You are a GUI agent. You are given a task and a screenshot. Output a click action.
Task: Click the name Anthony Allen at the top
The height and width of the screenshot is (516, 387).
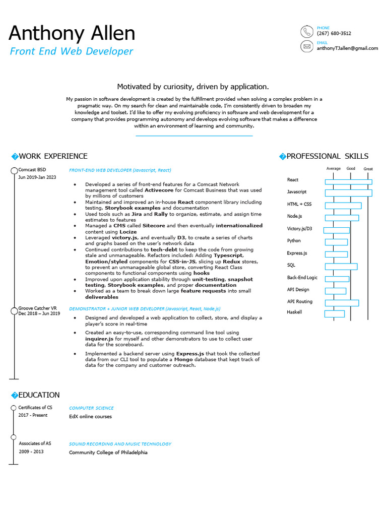[x=72, y=34]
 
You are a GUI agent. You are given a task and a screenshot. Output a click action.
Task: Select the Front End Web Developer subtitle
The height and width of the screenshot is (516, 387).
[x=72, y=51]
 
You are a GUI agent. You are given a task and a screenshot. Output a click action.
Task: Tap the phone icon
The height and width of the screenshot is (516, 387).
[x=306, y=32]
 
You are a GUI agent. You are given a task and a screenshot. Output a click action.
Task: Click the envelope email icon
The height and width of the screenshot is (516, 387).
[x=306, y=47]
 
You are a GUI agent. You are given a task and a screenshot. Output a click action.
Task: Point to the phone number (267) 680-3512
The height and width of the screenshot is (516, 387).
[x=334, y=33]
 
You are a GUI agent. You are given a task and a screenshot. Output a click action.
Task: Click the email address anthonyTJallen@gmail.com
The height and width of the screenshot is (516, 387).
[x=347, y=48]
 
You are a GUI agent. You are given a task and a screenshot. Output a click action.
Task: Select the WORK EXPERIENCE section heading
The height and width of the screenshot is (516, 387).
[x=53, y=156]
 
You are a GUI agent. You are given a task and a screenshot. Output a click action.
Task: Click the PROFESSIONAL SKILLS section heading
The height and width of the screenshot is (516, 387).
[x=327, y=156]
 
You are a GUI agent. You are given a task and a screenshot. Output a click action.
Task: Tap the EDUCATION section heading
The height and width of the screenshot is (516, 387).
[x=39, y=395]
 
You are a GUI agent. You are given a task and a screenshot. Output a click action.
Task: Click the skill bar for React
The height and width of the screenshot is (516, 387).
[x=348, y=182]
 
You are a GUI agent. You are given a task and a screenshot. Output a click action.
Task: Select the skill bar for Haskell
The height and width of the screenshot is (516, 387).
[x=334, y=314]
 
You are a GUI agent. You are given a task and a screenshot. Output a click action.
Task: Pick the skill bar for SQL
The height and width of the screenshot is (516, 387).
[x=341, y=266]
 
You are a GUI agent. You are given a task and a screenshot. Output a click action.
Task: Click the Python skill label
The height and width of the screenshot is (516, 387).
[x=294, y=241]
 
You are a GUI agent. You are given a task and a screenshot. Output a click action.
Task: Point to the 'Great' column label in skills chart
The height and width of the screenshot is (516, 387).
[x=368, y=169]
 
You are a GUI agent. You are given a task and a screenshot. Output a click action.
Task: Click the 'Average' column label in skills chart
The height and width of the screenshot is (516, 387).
[x=334, y=169]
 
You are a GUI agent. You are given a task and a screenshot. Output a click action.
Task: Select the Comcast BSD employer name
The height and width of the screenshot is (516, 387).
[x=32, y=170]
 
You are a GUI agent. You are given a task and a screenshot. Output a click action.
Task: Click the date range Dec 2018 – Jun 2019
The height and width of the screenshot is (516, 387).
[x=39, y=313]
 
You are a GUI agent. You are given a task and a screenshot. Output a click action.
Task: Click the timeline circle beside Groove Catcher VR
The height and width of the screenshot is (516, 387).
[x=14, y=310]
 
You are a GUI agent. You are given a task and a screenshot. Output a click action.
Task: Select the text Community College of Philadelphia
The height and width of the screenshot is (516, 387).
[x=108, y=453]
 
